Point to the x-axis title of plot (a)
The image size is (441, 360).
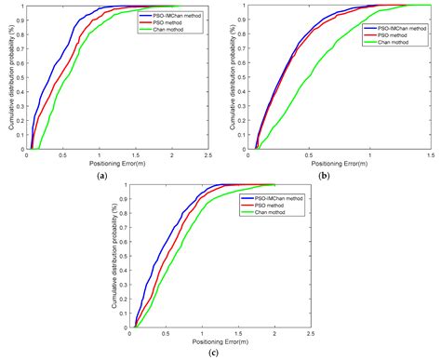[x=118, y=165]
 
